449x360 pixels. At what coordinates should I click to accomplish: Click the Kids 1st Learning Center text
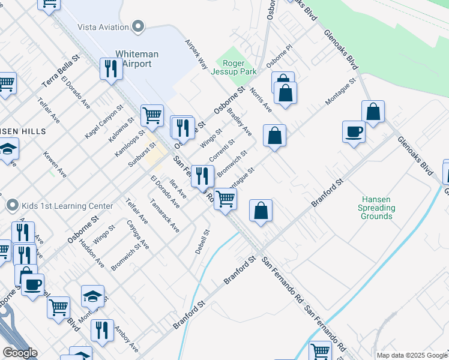coord(67,206)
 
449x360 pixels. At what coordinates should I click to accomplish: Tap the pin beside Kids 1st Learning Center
coord(12,206)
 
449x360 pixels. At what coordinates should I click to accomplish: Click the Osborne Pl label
coord(279,55)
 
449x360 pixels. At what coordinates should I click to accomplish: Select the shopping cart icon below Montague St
coord(225,198)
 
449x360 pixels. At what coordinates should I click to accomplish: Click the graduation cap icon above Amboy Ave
coord(92,296)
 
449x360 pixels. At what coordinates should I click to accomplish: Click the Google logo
coord(20,353)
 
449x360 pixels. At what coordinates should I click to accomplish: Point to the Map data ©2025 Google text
coord(411,355)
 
